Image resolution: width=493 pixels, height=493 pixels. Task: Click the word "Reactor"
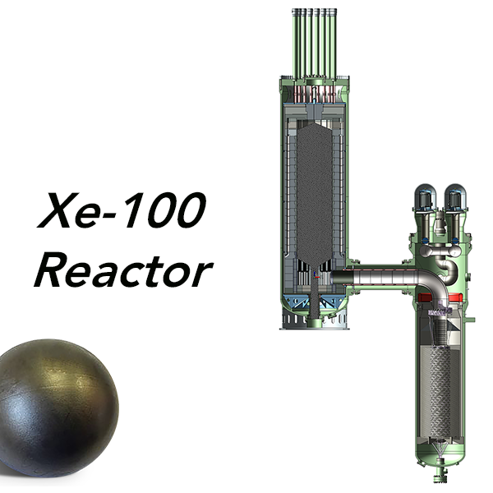pos(123,269)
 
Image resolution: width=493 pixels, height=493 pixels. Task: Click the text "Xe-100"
pos(119,211)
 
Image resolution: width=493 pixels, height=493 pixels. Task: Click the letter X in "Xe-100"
pos(55,211)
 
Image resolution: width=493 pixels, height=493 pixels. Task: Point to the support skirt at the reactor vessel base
pos(311,318)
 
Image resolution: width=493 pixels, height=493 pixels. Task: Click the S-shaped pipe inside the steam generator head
pos(448,267)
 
